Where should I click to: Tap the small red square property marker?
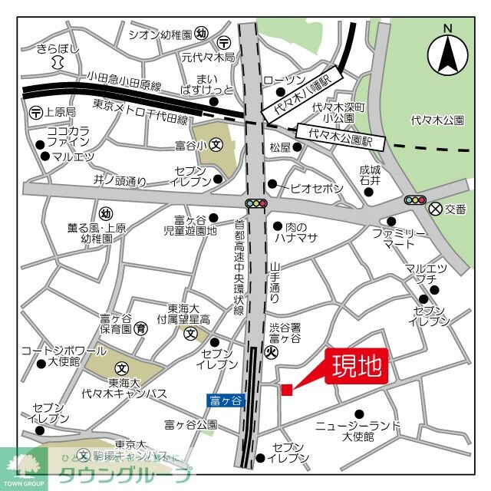[x=286, y=390]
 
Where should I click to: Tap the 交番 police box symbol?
[x=437, y=208]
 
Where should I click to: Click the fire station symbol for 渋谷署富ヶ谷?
[x=270, y=352]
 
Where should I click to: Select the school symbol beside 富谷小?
[x=216, y=143]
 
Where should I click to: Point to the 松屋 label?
[x=279, y=147]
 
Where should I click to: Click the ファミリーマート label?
[x=394, y=238]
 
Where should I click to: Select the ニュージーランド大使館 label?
[x=358, y=430]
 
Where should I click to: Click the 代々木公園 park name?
[x=437, y=120]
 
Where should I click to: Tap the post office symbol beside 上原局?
[x=35, y=113]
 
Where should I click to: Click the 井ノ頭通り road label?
[x=120, y=181]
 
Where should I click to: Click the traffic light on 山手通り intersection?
[x=255, y=205]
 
